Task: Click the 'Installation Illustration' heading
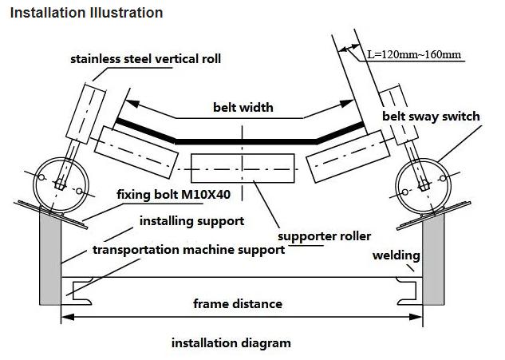pos(86,13)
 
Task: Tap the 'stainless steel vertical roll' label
pos(145,59)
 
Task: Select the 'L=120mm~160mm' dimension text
pos(414,54)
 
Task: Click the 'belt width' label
pos(243,107)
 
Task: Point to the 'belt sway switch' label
pos(431,116)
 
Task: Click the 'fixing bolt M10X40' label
pos(174,194)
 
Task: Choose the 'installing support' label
pos(192,221)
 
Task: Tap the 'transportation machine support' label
pos(189,250)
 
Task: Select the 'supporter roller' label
pos(325,236)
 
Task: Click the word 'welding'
pos(397,255)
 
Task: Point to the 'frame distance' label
pos(238,303)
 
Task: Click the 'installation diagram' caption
pos(231,343)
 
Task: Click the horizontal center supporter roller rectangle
pos(243,168)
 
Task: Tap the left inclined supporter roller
pos(136,152)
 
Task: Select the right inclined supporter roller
pos(348,156)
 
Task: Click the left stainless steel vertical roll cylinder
pos(85,114)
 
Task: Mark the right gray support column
pos(433,259)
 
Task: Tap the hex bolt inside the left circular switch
pos(60,184)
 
